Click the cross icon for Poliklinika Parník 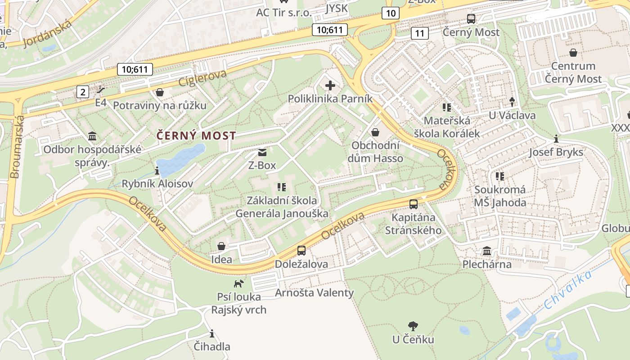click(x=330, y=85)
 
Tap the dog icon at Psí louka click(x=238, y=283)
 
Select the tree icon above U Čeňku click(x=413, y=326)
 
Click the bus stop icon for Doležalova click(x=301, y=251)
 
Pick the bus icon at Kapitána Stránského click(x=414, y=204)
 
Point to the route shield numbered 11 click(x=419, y=33)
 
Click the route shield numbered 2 click(x=83, y=92)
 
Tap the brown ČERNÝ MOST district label click(x=196, y=135)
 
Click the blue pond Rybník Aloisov click(x=180, y=159)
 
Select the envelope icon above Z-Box click(x=262, y=153)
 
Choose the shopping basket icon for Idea click(x=221, y=246)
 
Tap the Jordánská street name click(x=47, y=33)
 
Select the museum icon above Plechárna click(x=487, y=251)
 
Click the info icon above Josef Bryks click(x=556, y=139)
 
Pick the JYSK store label click(x=336, y=9)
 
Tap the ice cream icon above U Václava click(x=512, y=102)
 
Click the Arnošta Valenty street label click(x=314, y=293)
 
